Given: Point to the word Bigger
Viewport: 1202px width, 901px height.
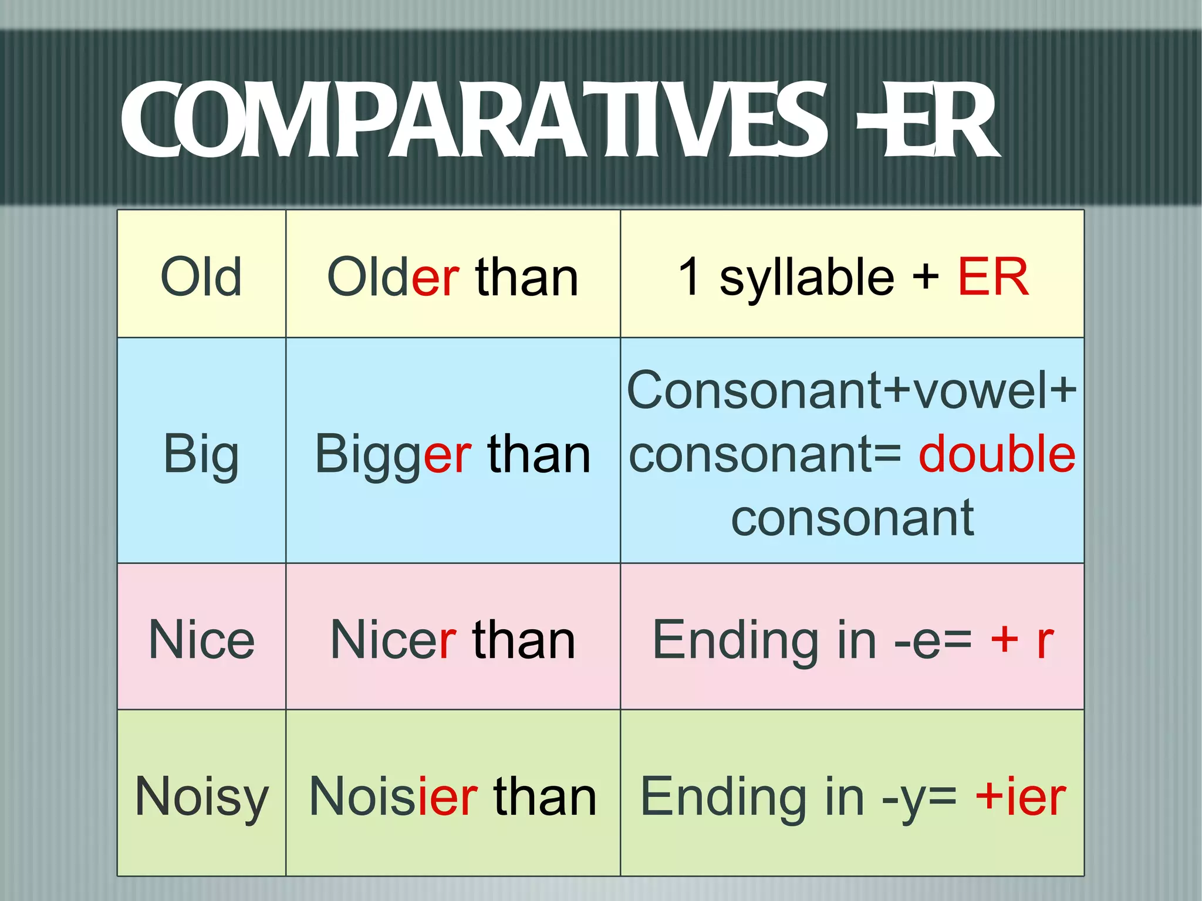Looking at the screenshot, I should click(x=393, y=454).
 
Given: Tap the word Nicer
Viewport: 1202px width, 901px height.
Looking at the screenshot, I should click(x=393, y=639).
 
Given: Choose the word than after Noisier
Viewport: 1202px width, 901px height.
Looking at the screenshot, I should click(x=545, y=797).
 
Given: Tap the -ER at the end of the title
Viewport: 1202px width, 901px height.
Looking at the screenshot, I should click(x=927, y=120).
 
